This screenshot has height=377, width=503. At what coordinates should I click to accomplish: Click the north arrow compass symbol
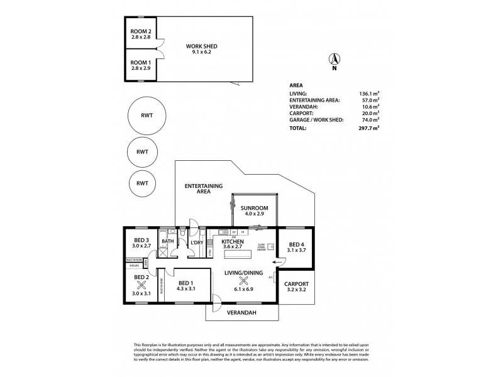(x=334, y=60)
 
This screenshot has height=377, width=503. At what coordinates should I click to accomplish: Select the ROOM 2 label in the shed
(x=141, y=31)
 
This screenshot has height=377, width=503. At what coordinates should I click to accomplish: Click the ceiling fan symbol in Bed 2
(x=141, y=283)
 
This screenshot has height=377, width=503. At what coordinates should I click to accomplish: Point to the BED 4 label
(x=296, y=244)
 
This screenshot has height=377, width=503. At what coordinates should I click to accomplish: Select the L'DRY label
(x=196, y=241)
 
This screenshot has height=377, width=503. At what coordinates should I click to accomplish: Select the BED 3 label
(x=141, y=241)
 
